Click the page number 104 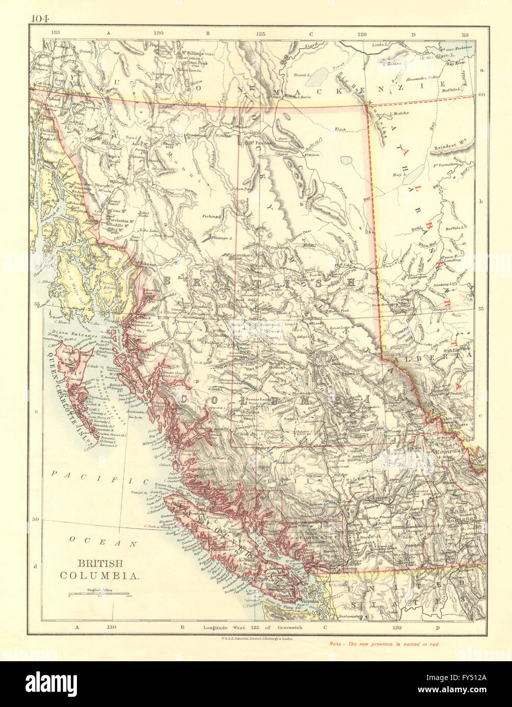tap(39, 19)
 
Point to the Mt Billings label tap(192, 53)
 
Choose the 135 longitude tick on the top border tap(56, 33)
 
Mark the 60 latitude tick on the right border tap(481, 95)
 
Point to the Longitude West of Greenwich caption tap(252, 628)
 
